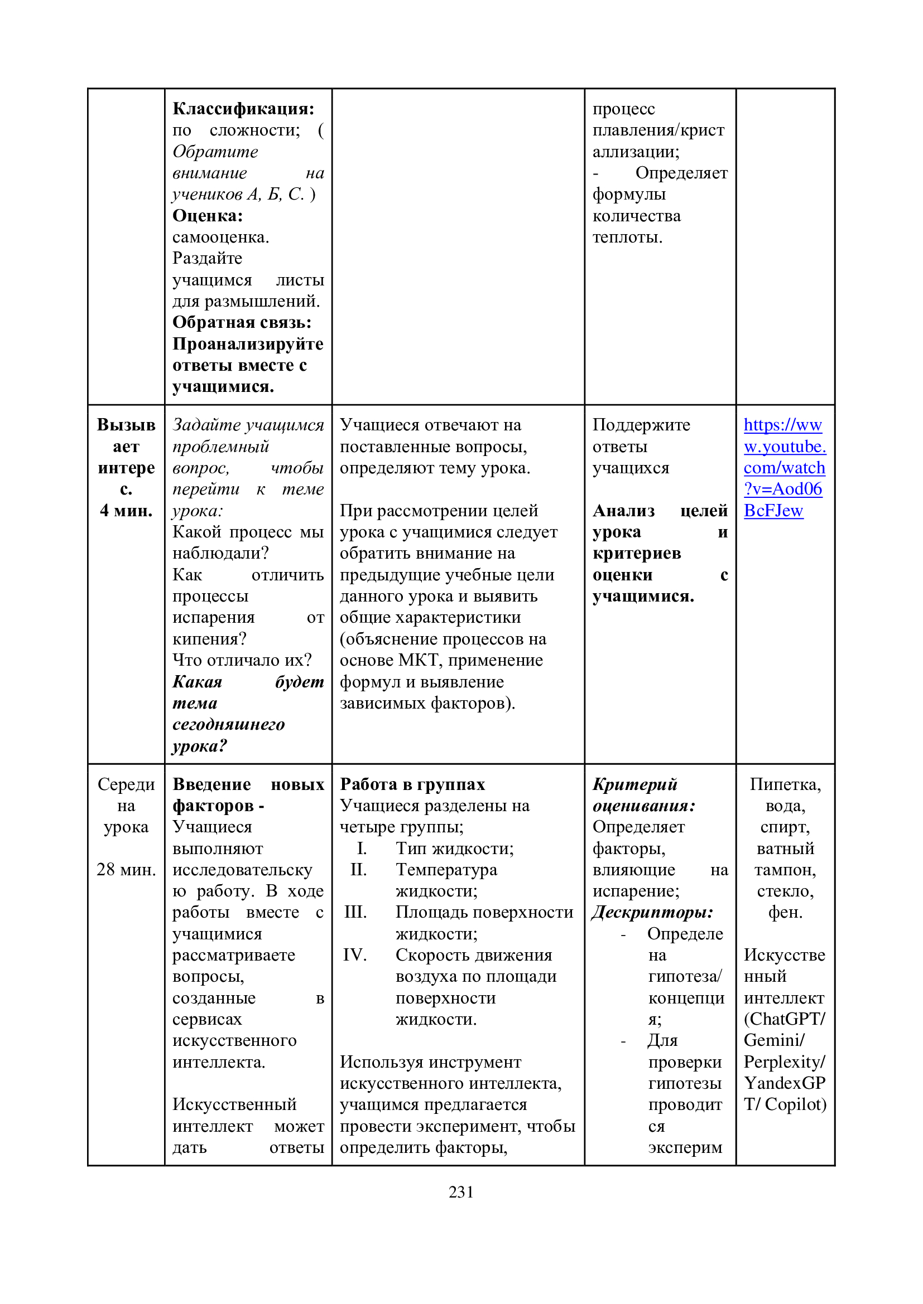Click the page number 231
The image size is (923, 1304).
[x=461, y=1191]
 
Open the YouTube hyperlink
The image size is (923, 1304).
[x=784, y=467]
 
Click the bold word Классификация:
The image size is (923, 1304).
[x=243, y=109]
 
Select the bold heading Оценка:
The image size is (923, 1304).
[x=208, y=216]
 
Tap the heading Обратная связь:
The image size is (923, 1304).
[x=242, y=323]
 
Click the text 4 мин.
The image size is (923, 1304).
[x=126, y=511]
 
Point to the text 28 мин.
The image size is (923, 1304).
[x=126, y=870]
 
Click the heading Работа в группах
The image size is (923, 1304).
[x=412, y=784]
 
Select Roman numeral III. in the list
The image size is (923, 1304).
[x=355, y=912]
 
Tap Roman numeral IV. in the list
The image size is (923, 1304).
[x=355, y=954]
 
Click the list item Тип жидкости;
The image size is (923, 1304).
[x=454, y=849]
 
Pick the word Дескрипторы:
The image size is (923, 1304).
[x=652, y=912]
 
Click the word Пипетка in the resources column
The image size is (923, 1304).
[x=784, y=784]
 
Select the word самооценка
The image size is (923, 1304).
[x=220, y=237]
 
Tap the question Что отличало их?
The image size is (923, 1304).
[x=242, y=660]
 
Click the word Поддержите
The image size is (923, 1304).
[x=641, y=425]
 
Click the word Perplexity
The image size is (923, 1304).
[x=783, y=1061]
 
